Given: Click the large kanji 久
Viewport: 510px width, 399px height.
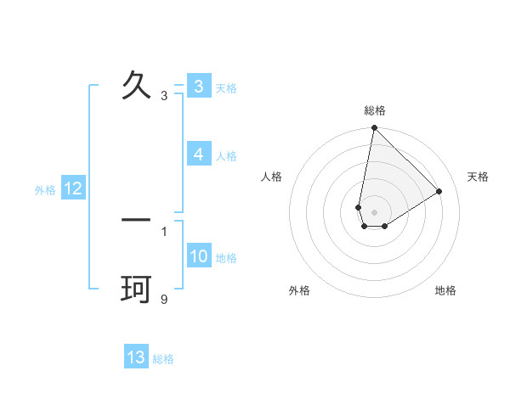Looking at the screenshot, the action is tap(136, 85).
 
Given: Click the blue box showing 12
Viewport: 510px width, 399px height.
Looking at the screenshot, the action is tap(72, 188).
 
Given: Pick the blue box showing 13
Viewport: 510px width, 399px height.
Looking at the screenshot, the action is tap(136, 357).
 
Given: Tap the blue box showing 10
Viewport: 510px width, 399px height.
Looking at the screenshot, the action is tap(199, 256).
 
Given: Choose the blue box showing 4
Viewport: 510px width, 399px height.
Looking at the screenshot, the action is tap(198, 155).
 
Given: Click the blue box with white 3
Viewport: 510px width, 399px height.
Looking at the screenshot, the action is tap(198, 87).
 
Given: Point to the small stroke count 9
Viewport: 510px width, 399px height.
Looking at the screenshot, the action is tap(164, 299).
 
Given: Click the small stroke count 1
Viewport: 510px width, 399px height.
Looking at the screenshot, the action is tap(164, 231).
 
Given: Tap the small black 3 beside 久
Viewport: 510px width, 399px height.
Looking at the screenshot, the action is tap(164, 96).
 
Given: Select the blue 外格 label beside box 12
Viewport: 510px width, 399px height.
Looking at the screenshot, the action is tap(45, 190).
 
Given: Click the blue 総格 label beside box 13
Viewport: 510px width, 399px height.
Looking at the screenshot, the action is tap(163, 359).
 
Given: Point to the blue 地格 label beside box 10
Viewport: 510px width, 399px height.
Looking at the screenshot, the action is tap(226, 258).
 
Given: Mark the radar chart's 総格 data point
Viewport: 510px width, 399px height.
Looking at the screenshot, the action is tap(374, 128).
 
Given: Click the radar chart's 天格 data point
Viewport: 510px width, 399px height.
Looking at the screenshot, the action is tap(439, 191).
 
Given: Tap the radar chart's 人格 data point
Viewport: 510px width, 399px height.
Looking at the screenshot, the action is tap(359, 207).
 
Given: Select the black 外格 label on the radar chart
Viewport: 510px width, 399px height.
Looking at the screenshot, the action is tap(299, 290).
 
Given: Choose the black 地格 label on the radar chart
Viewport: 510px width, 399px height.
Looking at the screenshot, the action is tap(445, 290).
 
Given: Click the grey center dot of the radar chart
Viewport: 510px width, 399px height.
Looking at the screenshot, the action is tap(374, 212).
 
